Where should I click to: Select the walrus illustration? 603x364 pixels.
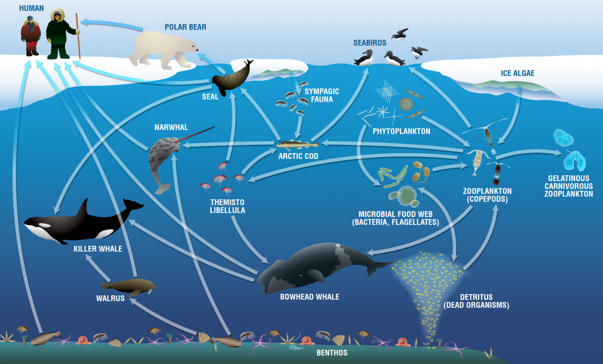click(x=128, y=286)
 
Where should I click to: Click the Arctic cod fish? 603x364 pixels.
click(x=291, y=145)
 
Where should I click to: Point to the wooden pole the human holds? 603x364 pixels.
click(x=78, y=35)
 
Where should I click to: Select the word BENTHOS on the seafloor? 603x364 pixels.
click(x=332, y=353)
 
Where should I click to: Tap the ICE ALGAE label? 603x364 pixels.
click(x=518, y=73)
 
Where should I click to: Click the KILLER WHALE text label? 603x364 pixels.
click(x=97, y=249)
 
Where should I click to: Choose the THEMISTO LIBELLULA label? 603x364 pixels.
click(x=227, y=206)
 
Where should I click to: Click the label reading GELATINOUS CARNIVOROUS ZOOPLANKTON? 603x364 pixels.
click(x=568, y=186)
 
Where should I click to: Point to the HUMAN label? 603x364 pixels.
click(x=31, y=8)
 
